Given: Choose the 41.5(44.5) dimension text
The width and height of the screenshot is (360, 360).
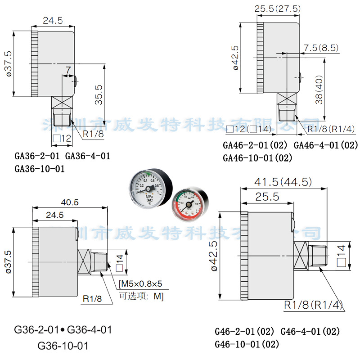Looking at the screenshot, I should coord(283,182).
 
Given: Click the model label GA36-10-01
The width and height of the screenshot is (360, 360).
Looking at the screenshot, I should coord(40,170).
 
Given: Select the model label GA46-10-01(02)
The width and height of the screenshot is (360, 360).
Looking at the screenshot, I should coord(257,158).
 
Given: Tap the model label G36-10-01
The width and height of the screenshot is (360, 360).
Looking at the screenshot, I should coord(63,346).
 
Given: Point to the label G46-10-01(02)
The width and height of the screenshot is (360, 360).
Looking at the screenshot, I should coord(247,345).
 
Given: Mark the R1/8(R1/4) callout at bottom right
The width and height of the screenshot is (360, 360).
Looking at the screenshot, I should coord(314,305).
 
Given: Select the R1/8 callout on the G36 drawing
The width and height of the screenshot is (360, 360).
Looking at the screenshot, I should coord(92,298).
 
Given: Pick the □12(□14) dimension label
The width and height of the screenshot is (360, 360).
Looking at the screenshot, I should coord(247,130).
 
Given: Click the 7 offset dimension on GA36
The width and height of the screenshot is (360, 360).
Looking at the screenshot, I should coord(68,71).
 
